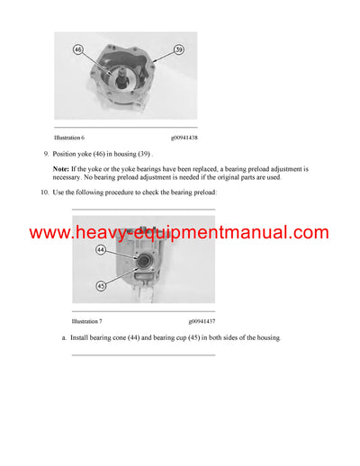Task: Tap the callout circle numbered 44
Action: pos(101,250)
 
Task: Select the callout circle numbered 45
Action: pos(101,286)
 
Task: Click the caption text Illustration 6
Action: pos(69,138)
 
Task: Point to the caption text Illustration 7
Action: pos(87,320)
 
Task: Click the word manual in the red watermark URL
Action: pos(258,233)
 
